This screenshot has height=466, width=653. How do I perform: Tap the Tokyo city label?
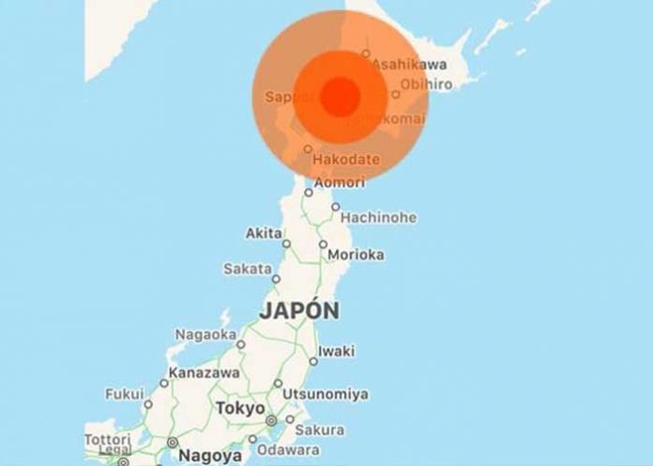coord(240,409)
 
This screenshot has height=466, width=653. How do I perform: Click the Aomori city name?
coord(338,182)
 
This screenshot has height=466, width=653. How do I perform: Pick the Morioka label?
coord(357,254)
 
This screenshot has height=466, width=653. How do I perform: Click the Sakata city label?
coord(247,268)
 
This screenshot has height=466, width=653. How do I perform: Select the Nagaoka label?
coord(205,334)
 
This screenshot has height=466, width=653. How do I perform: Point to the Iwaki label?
coord(337,351)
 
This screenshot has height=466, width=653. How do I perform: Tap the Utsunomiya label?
coord(326,393)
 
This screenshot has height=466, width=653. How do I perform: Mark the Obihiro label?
coord(427,84)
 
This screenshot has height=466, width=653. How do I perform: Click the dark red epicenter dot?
coord(341,95)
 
